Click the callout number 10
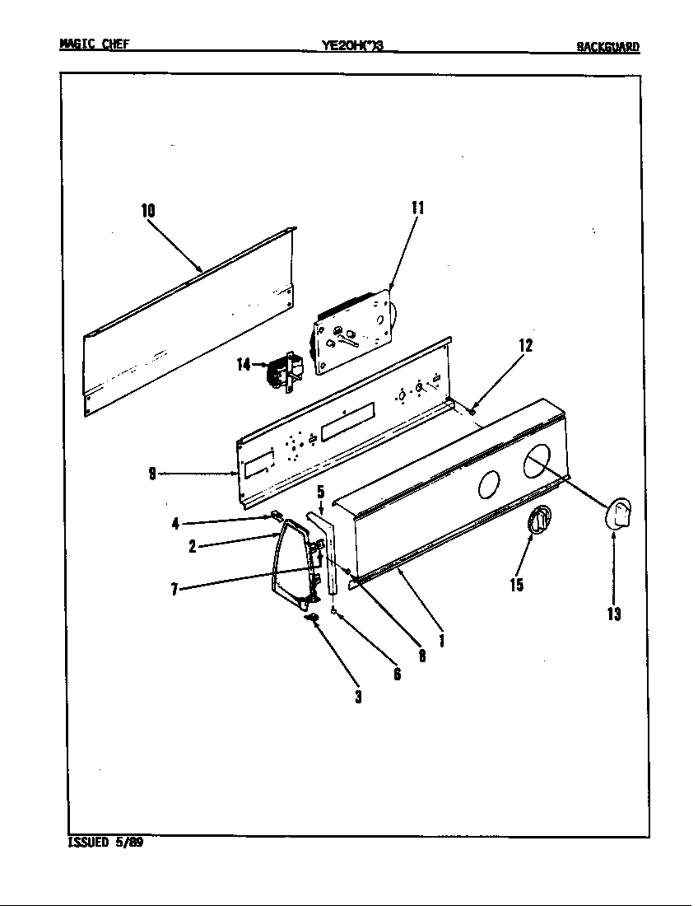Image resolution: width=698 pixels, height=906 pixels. (148, 211)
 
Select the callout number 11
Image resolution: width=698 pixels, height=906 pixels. (417, 208)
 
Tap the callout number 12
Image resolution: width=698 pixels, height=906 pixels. (525, 346)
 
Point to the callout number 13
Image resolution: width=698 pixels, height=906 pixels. (614, 614)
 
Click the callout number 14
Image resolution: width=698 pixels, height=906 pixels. (244, 364)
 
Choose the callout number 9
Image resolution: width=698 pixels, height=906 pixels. (152, 474)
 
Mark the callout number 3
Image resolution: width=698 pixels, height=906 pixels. (358, 697)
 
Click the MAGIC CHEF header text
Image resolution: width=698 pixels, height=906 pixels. (94, 44)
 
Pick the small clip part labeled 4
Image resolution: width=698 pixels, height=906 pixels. (272, 517)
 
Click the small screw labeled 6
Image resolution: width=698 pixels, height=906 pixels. (333, 611)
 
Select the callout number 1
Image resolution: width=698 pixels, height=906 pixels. (442, 639)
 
